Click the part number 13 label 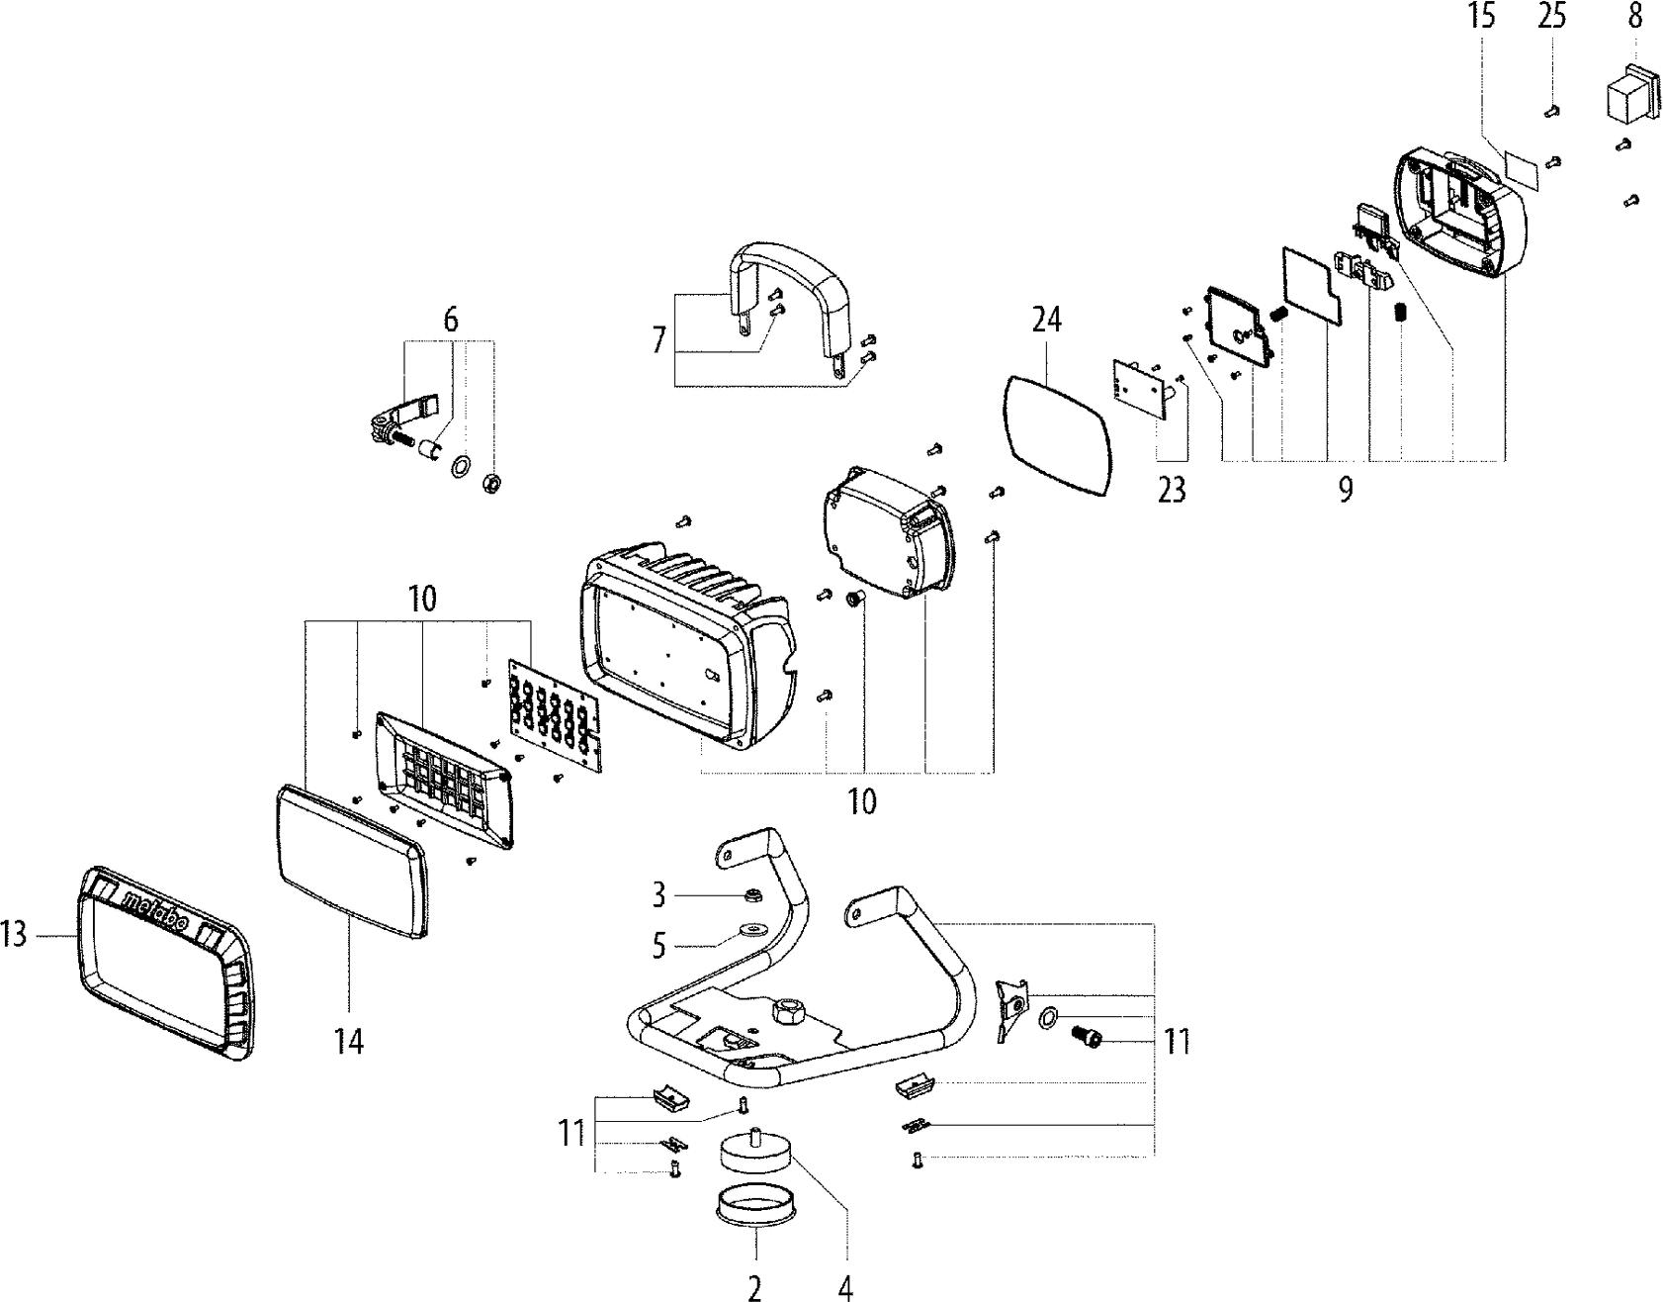[x=14, y=935]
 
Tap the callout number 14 [x=349, y=1041]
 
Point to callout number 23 [x=1171, y=490]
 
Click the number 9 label [x=1345, y=490]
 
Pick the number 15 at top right [x=1481, y=17]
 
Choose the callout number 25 [x=1551, y=17]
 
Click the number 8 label [x=1633, y=17]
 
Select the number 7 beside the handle [x=658, y=341]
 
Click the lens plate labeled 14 [x=351, y=861]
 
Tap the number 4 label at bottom [x=845, y=1288]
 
